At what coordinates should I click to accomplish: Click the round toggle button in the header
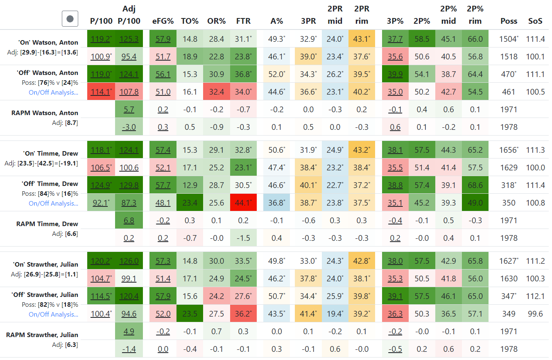70,18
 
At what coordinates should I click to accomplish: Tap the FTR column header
243,21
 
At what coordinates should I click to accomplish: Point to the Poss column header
509,21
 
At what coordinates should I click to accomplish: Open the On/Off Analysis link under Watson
53,92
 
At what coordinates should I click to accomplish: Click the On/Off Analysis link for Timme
53,204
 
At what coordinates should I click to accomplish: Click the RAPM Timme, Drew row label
47,224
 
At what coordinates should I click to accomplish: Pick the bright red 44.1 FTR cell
243,203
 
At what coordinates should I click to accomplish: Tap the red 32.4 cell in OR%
216,92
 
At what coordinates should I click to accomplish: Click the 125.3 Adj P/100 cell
129,39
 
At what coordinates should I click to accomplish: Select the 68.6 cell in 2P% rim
475,185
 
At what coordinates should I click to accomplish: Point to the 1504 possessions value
508,39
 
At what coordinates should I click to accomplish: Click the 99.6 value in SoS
536,314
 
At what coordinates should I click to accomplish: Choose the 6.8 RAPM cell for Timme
129,220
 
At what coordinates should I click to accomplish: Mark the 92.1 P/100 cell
100,203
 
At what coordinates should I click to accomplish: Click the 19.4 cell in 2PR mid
334,314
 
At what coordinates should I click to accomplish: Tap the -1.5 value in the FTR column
243,238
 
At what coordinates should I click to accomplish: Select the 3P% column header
395,21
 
